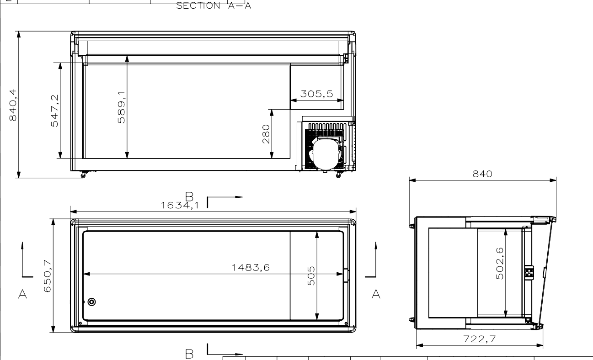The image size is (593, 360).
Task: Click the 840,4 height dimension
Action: click(13, 105)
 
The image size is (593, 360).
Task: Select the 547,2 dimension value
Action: click(54, 111)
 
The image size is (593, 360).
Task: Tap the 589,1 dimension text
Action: click(121, 107)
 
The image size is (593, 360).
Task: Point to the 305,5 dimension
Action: click(317, 94)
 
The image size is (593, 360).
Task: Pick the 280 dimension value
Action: click(266, 134)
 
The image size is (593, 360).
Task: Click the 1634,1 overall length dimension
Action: click(180, 205)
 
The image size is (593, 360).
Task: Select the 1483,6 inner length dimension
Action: click(251, 268)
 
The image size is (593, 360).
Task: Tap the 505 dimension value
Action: click(311, 276)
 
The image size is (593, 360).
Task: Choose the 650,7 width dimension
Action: click(47, 276)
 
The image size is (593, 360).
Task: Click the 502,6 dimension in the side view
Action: click(500, 264)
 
